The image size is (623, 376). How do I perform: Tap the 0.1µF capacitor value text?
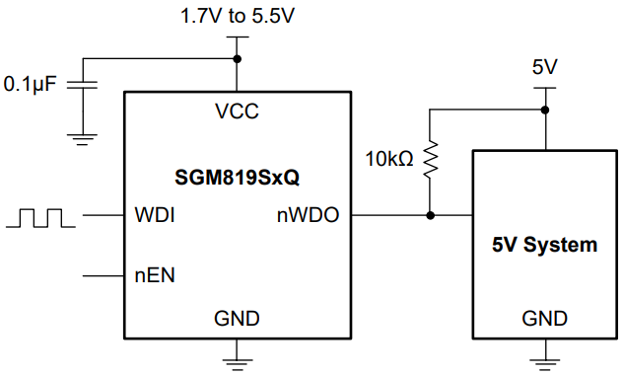tap(34, 85)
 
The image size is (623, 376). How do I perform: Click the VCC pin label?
tap(237, 111)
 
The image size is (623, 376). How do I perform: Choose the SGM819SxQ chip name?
tap(237, 179)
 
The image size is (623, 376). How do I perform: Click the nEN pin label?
tap(155, 275)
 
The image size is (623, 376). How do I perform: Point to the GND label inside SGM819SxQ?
tap(237, 318)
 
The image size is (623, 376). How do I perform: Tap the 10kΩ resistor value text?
tap(388, 158)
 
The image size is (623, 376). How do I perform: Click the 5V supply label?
tap(545, 68)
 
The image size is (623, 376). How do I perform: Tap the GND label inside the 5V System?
tap(545, 318)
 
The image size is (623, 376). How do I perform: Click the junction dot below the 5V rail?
tap(545, 109)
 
